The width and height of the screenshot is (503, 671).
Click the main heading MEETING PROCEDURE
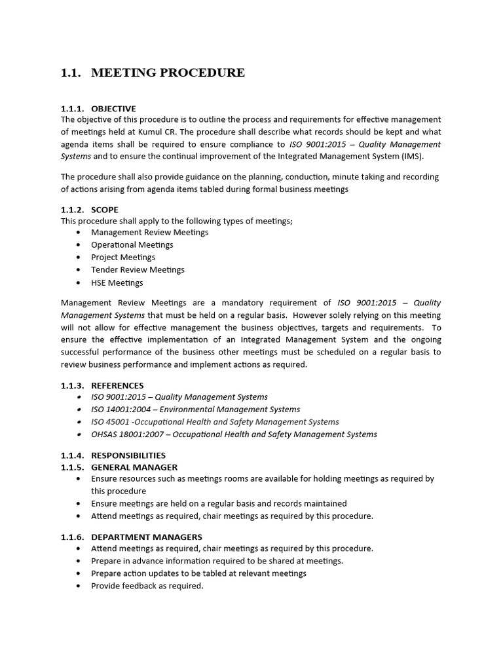pos(168,73)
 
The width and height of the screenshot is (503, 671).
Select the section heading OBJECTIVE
pos(113,109)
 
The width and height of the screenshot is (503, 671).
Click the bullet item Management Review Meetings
pos(149,232)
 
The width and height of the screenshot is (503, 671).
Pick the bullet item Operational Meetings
pos(132,244)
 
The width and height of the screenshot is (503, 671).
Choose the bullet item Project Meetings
pos(123,257)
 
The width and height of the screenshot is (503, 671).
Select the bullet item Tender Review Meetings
pos(138,269)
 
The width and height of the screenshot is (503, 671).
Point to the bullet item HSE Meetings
pos(117,282)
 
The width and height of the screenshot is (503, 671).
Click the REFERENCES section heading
pos(117,385)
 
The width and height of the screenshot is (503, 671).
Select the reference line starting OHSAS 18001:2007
pos(234,434)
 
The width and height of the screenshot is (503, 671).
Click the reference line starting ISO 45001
pos(215,421)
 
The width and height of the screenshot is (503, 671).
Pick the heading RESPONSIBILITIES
pos(128,455)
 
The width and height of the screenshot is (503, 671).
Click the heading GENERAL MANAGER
pos(134,467)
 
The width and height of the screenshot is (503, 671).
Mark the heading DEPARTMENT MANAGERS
pos(147,537)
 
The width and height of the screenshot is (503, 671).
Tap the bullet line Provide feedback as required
pos(147,586)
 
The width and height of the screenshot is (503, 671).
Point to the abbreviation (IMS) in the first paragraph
pos(411,157)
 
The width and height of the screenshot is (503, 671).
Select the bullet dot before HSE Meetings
pos(79,283)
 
